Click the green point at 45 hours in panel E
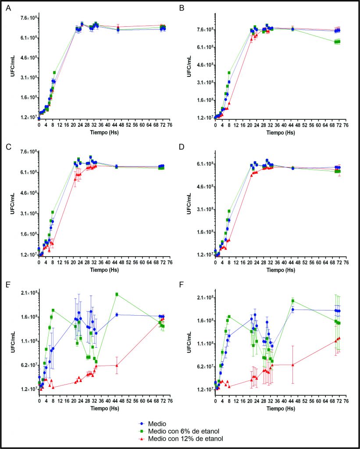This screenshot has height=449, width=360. (117, 294)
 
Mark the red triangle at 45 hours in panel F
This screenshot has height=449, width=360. (292, 364)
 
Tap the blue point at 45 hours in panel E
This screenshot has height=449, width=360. (117, 314)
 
